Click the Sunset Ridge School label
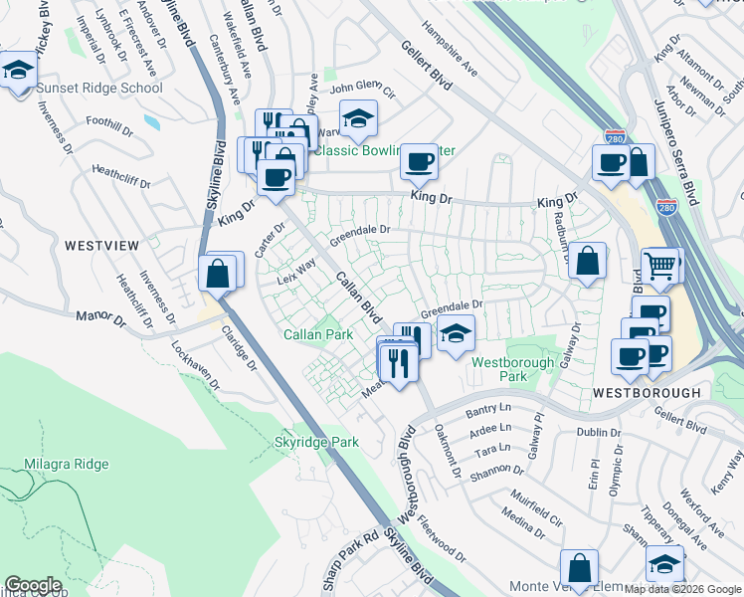point(98,88)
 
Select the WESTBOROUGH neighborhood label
point(647,393)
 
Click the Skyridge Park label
point(315,441)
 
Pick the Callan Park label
point(318,335)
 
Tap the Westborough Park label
point(512,369)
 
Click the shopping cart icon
point(659,265)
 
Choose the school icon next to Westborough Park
point(456,333)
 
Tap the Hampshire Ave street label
point(450,50)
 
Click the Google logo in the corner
point(33,585)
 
